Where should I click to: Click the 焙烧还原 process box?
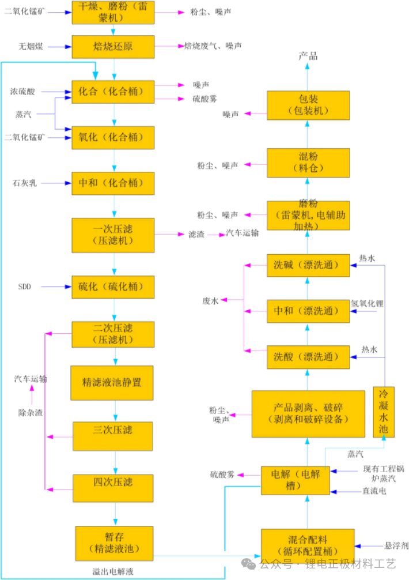tap(113, 46)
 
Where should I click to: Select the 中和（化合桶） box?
tap(113, 183)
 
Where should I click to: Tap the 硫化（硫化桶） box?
tap(113, 287)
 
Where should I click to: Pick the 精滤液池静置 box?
tap(112, 382)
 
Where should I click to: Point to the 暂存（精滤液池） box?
tap(114, 543)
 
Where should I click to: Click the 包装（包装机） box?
tap(309, 104)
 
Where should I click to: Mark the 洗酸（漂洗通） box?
tap(308, 357)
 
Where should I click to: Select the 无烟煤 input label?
tap(31, 46)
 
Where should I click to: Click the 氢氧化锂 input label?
tap(366, 303)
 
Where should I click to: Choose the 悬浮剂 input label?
tap(396, 545)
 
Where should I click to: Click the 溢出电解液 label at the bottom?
tap(113, 571)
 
